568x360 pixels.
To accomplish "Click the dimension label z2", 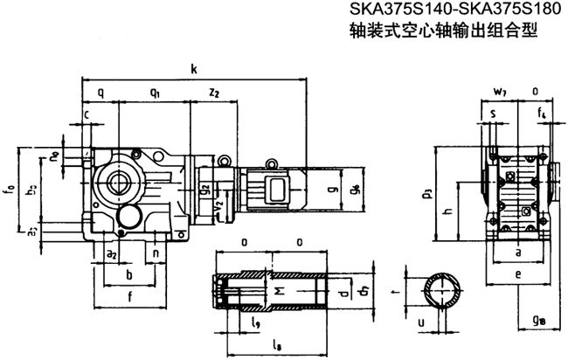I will [x=214, y=91].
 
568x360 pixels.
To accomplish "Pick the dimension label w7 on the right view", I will [x=499, y=91].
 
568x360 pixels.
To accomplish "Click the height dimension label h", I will [x=447, y=211].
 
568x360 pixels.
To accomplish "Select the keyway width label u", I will [x=424, y=322].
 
